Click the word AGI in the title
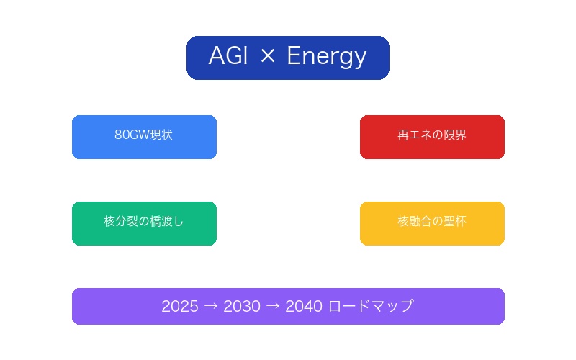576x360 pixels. click(229, 57)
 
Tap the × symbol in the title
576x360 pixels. click(267, 57)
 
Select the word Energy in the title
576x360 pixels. click(327, 57)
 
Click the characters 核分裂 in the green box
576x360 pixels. click(121, 222)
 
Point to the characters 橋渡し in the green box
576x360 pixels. click(167, 222)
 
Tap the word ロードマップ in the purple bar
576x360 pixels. click(371, 307)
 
